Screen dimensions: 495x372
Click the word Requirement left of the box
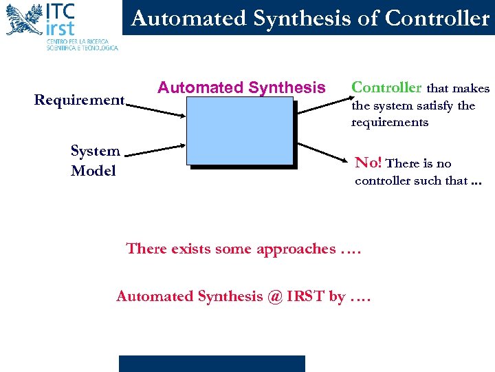79,101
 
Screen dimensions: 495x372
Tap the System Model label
95,161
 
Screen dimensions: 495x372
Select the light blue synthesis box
239,130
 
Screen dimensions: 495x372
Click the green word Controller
386,87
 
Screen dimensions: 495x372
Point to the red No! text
368,163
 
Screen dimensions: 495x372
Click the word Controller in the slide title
437,19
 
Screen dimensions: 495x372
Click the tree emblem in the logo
23,19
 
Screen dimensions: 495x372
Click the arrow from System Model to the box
155,147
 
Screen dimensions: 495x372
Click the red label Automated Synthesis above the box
241,87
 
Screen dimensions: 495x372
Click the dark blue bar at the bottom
212,364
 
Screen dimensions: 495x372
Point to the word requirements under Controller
389,123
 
